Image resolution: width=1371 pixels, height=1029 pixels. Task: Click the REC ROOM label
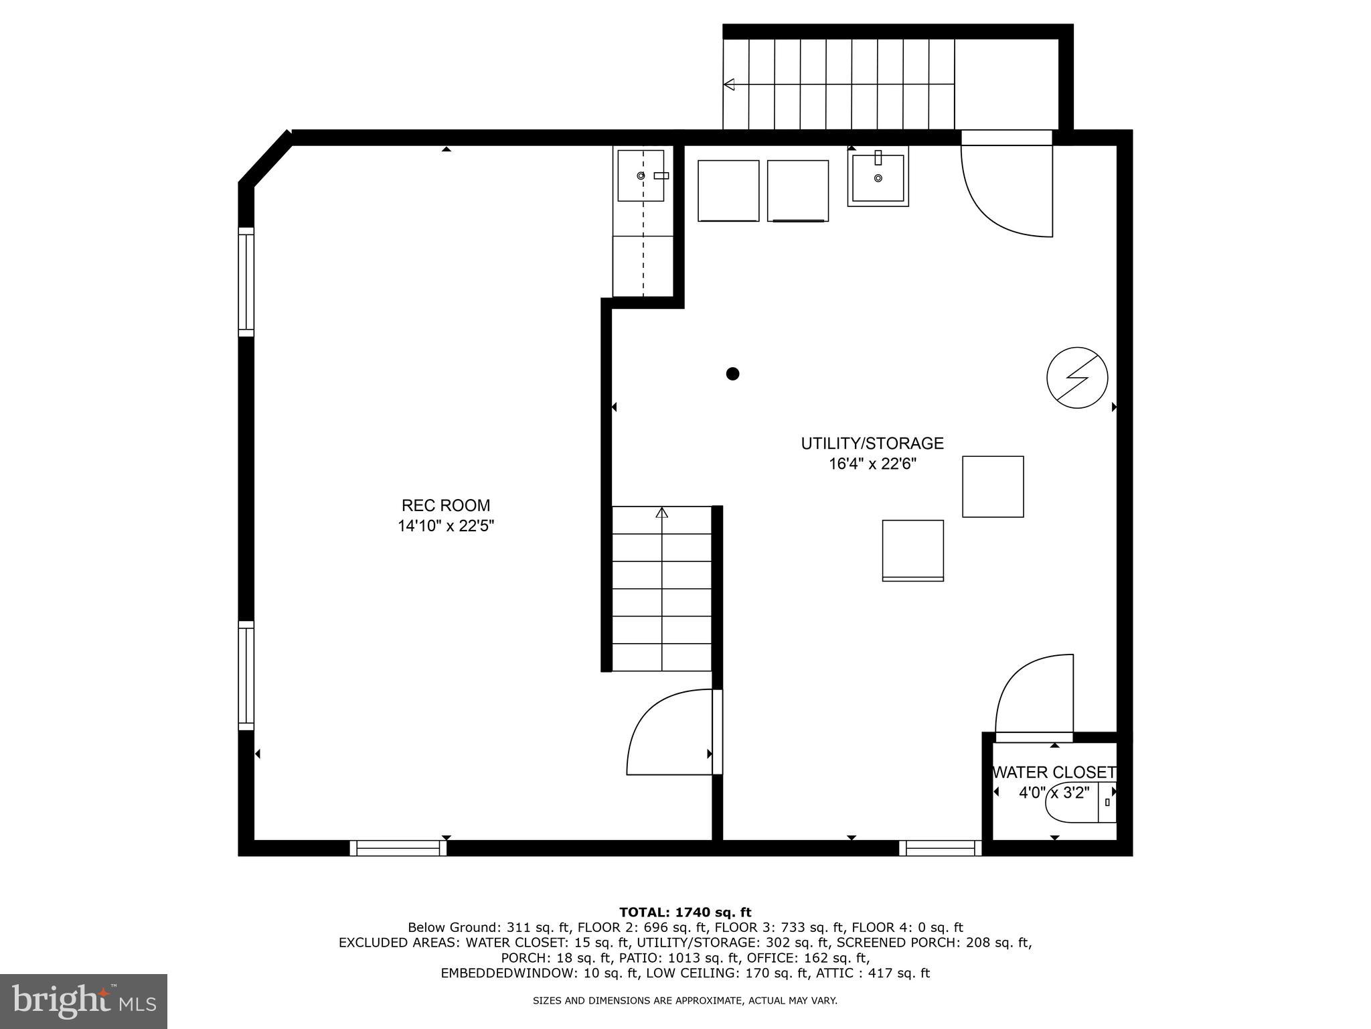pos(446,505)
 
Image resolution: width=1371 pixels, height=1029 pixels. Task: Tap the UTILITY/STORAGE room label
pos(872,443)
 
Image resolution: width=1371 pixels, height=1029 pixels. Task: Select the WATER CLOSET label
pos(1054,772)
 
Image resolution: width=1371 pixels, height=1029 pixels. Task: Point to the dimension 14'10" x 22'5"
pos(446,527)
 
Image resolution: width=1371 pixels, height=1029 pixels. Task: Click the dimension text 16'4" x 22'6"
pos(872,464)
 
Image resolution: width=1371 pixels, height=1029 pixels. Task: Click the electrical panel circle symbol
pos(1077,377)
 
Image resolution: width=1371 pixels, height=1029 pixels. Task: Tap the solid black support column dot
pos(732,374)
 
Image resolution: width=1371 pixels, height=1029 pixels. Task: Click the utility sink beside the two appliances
pos(878,178)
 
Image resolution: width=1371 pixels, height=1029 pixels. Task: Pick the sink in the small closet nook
pos(641,176)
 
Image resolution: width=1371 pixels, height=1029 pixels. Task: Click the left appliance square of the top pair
pos(728,191)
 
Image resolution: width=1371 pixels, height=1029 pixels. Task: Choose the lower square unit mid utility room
pos(912,550)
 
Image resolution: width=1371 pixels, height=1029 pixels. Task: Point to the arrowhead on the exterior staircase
pos(729,84)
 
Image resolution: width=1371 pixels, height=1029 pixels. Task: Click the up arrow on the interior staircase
pos(662,513)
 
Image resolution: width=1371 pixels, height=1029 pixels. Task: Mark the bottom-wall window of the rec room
pos(398,848)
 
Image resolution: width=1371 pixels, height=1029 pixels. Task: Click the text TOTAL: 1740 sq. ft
pos(685,912)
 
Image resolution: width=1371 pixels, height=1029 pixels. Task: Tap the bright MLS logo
pos(84,1002)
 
